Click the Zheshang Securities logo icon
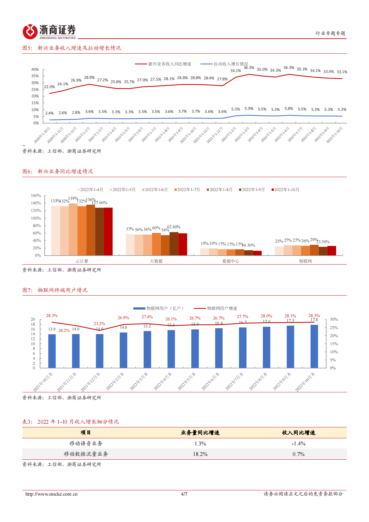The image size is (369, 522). [30, 32]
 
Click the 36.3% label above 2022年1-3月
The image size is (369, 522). [249, 68]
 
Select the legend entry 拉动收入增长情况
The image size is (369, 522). [230, 64]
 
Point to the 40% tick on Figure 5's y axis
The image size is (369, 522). [35, 69]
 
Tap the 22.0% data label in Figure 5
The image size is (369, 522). [49, 87]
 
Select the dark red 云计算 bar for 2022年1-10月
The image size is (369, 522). [108, 231]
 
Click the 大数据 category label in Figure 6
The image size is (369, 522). [156, 261]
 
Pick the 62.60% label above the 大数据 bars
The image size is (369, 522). [174, 227]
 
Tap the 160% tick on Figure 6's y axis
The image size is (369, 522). [36, 196]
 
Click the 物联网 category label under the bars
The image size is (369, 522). [305, 261]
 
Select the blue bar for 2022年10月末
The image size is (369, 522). [314, 346]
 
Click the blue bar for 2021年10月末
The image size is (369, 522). [52, 351]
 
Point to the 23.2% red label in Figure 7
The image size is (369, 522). [99, 323]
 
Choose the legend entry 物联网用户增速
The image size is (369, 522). [222, 308]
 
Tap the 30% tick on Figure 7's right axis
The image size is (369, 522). [334, 319]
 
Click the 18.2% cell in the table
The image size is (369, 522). [200, 454]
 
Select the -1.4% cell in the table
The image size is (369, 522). [298, 444]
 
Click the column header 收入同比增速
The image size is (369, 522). [298, 433]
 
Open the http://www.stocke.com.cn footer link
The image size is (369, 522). [51, 494]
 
